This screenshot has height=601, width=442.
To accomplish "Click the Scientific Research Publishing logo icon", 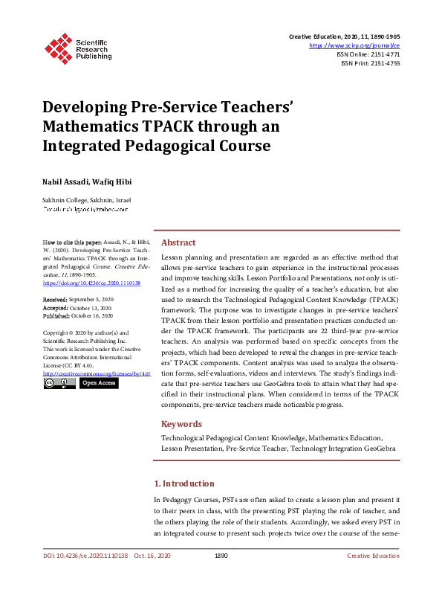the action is click(x=58, y=46).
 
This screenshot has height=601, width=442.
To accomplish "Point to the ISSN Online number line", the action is click(x=370, y=54).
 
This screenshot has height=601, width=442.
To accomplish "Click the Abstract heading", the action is click(x=178, y=242).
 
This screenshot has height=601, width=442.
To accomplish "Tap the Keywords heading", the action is click(x=181, y=424).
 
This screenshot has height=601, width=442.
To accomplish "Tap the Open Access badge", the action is click(x=98, y=383).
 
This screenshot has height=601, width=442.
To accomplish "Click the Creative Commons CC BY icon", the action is click(x=59, y=383).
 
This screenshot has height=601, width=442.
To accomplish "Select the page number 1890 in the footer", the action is click(x=221, y=556).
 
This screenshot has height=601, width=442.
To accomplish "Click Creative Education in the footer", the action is click(x=373, y=556).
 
